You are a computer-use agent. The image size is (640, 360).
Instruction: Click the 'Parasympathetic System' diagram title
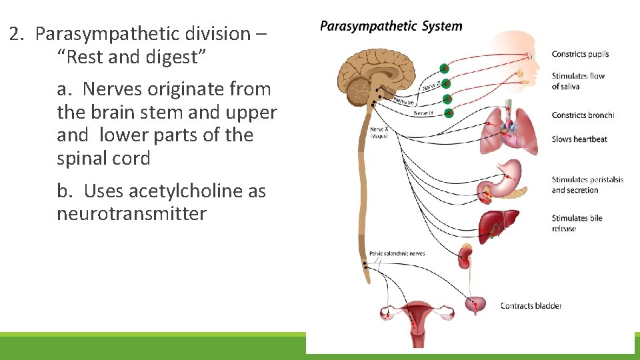[391, 27]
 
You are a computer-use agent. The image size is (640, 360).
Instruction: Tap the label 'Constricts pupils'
[580, 54]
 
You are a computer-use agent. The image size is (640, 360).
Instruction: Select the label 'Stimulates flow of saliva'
[578, 81]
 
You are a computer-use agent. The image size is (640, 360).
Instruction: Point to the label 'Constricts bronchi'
[583, 115]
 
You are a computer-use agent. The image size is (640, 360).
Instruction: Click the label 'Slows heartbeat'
[579, 139]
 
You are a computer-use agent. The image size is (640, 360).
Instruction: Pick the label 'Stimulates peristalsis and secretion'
[587, 185]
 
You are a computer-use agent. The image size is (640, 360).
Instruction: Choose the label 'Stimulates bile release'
[578, 223]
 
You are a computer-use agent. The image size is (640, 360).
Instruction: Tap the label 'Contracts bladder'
[531, 306]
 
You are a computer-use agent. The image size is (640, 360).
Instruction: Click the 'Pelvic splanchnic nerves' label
[397, 254]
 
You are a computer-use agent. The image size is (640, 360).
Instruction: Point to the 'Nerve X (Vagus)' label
[378, 131]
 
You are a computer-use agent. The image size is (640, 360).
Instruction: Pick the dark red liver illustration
[498, 222]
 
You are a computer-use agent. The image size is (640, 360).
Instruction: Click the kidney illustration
[465, 255]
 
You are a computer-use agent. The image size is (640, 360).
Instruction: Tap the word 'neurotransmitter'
[131, 214]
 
